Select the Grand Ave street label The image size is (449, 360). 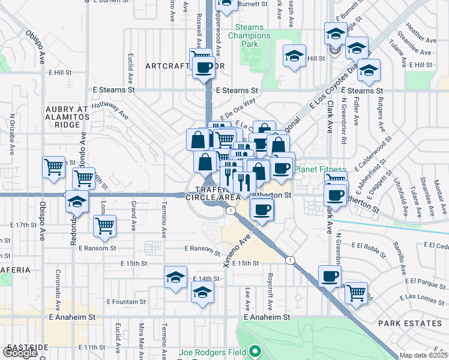coord(133,212)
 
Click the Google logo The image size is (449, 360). coord(20,353)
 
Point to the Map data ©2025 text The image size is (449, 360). coord(423,355)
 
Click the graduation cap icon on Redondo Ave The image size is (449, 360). coord(77,202)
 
